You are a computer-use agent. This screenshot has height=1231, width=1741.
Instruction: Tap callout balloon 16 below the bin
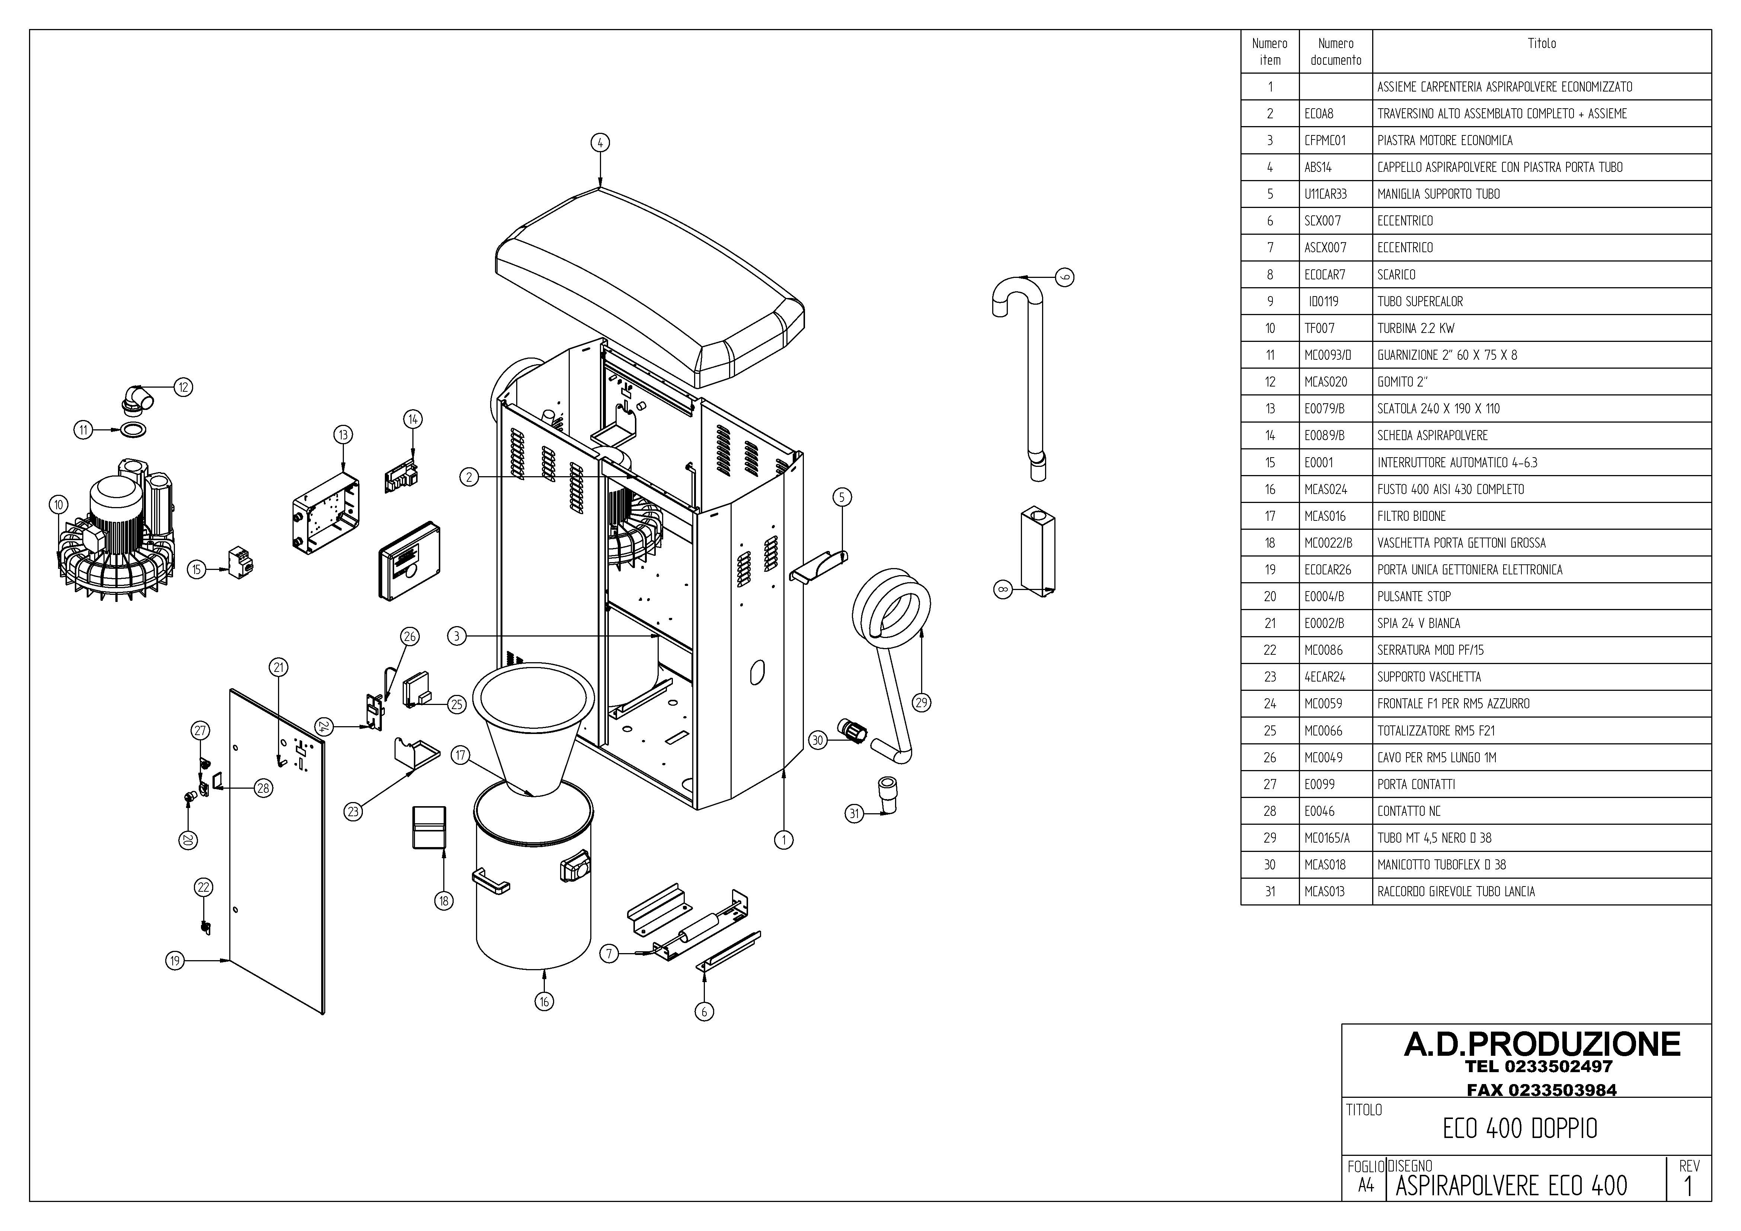544,1001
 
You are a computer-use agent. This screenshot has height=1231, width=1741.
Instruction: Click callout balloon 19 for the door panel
175,961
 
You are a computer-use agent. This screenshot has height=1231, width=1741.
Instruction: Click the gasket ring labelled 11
134,430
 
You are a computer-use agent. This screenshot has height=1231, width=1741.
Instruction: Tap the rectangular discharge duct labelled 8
1037,549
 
